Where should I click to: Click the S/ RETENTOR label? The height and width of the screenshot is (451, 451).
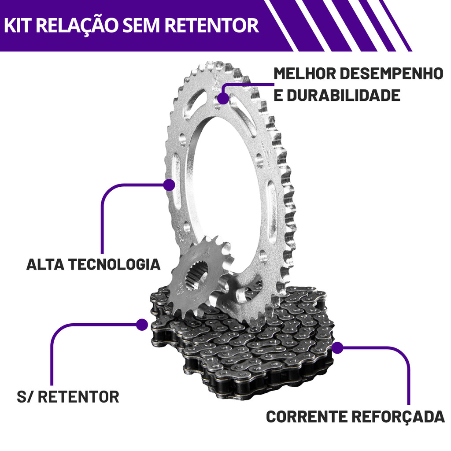(68, 396)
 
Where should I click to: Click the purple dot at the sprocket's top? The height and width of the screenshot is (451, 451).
(224, 98)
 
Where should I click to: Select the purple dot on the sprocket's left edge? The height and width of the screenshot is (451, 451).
(170, 185)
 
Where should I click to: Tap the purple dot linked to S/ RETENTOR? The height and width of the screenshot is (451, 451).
(142, 325)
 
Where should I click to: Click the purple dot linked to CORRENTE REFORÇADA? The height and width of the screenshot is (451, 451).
(337, 348)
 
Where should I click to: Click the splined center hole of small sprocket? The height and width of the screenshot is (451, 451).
(196, 278)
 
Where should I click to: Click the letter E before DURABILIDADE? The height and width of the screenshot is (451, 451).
(278, 95)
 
